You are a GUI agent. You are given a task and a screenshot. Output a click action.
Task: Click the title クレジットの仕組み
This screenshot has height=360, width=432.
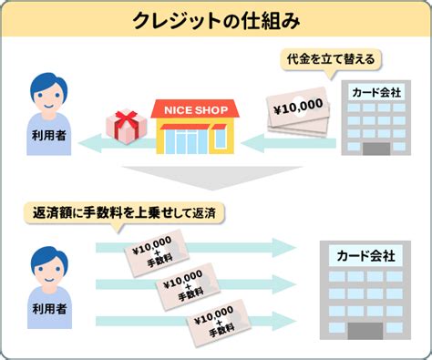pyautogui.click(x=216, y=21)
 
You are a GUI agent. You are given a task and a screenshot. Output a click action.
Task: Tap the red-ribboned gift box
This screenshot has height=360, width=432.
pyautogui.click(x=126, y=128)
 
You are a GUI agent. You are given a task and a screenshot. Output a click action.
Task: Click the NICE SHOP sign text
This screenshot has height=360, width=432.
pyautogui.click(x=196, y=110)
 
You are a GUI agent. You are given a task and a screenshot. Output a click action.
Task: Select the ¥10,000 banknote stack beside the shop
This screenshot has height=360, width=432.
pyautogui.click(x=298, y=112)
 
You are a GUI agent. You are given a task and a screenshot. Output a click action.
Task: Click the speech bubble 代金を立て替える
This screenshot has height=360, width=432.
pyautogui.click(x=331, y=59)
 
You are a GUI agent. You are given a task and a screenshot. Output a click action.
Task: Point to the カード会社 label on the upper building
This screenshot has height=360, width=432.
pyautogui.click(x=376, y=92)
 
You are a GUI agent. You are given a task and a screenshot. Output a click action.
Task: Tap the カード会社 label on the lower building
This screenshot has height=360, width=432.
pyautogui.click(x=365, y=256)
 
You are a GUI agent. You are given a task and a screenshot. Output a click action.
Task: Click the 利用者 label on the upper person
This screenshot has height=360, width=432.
pyautogui.click(x=49, y=135)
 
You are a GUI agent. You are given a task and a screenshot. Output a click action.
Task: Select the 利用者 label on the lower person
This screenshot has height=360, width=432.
pyautogui.click(x=49, y=309)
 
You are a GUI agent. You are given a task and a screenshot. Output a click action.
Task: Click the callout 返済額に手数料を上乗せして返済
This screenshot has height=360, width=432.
pyautogui.click(x=124, y=212)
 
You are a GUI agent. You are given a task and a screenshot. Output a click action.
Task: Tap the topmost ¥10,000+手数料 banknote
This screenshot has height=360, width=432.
pyautogui.click(x=157, y=252)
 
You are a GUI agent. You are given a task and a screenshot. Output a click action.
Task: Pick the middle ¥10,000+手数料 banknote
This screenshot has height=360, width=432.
pyautogui.click(x=188, y=286)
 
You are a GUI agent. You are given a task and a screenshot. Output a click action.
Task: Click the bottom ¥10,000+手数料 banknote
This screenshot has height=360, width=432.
pyautogui.click(x=219, y=324)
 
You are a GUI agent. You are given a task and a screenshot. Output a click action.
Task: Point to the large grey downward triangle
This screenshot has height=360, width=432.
pyautogui.click(x=212, y=176)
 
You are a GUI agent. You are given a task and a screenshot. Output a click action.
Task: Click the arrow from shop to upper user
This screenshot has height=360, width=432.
pyautogui.click(x=117, y=143)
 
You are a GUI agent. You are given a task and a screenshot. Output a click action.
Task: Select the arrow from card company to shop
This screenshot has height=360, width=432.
pyautogui.click(x=289, y=143)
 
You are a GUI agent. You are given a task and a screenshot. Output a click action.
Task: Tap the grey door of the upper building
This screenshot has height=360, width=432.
pyautogui.click(x=376, y=149)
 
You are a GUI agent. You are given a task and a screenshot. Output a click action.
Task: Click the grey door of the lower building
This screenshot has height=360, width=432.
pyautogui.click(x=365, y=331)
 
